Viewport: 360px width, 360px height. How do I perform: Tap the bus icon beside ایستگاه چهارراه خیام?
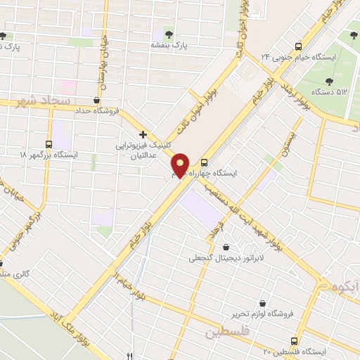point(205,160)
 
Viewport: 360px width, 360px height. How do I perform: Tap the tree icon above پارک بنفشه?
point(168,32)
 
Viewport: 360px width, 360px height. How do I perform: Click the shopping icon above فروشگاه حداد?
point(96,100)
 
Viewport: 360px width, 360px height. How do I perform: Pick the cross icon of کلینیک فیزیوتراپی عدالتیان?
point(143,134)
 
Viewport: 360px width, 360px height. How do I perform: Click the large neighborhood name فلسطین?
point(228,332)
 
